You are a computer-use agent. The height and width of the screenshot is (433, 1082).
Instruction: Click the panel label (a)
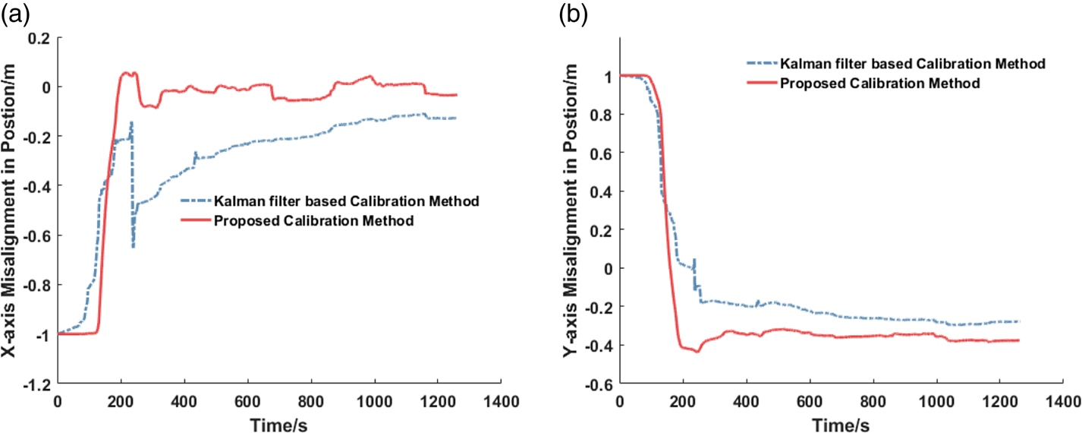(x=14, y=13)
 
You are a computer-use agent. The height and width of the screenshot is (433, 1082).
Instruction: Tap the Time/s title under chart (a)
(x=278, y=422)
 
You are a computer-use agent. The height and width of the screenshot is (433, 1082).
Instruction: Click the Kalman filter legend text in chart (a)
(x=347, y=201)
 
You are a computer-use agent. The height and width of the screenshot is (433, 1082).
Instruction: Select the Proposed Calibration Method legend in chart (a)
(x=313, y=221)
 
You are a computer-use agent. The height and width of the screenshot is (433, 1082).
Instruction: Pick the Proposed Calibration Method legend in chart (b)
(x=880, y=82)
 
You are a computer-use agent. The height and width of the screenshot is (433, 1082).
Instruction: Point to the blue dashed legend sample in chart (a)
(x=195, y=201)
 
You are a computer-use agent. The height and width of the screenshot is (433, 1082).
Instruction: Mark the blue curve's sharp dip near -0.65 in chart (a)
(x=133, y=246)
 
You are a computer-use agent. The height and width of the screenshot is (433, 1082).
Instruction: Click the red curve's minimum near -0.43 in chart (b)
(x=697, y=352)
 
